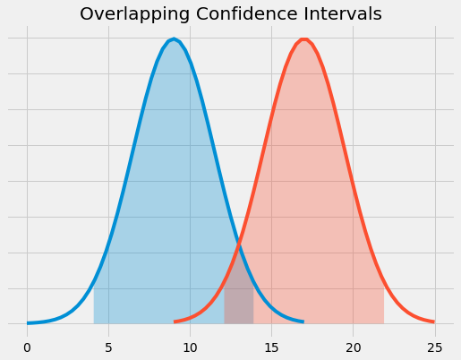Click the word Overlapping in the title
pos(127,14)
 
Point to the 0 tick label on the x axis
pos(27,346)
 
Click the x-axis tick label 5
pos(108,346)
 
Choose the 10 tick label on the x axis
pos(190,346)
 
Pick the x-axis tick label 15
pos(271,346)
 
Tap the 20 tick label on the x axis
pos(354,346)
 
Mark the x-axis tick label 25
pos(435,346)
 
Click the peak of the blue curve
pos(174,39)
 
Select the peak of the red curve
pos(304,39)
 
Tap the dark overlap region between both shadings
pos(238,304)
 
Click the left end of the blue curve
pos(28,322)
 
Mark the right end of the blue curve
pos(303,321)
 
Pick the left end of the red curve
pos(175,321)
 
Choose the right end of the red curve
pos(434,321)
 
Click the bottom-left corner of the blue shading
pos(94,323)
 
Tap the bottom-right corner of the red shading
pos(384,323)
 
